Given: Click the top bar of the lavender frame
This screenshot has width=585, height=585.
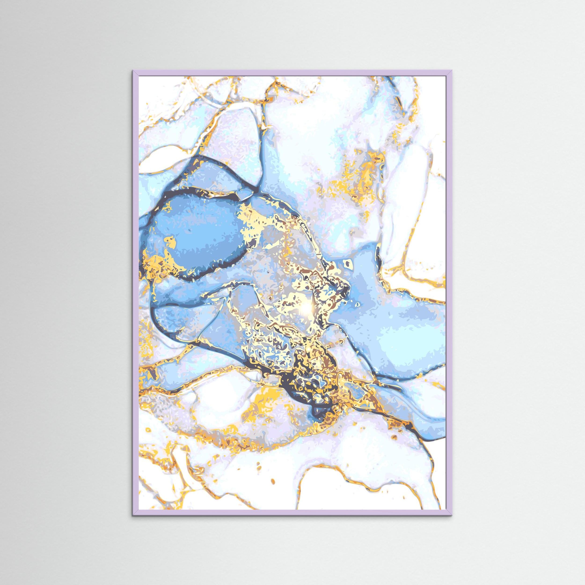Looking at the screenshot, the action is pyautogui.click(x=292, y=73).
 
